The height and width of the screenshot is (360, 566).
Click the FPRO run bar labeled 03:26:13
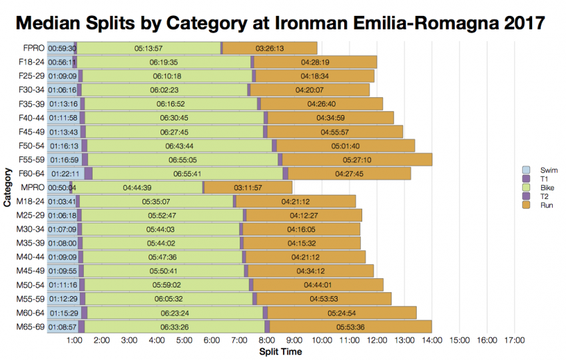point(270,49)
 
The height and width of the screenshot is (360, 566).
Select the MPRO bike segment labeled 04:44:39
point(137,188)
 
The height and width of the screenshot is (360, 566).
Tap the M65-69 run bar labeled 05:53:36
point(350,327)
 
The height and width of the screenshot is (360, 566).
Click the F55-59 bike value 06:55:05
point(182,160)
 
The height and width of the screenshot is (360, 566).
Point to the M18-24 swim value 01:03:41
point(61,202)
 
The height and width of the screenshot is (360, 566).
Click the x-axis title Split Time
point(280,351)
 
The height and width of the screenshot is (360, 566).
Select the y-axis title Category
point(7,189)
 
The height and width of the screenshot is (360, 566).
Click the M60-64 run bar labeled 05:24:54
point(342,313)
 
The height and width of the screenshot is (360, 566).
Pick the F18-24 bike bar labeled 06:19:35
point(164,62)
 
